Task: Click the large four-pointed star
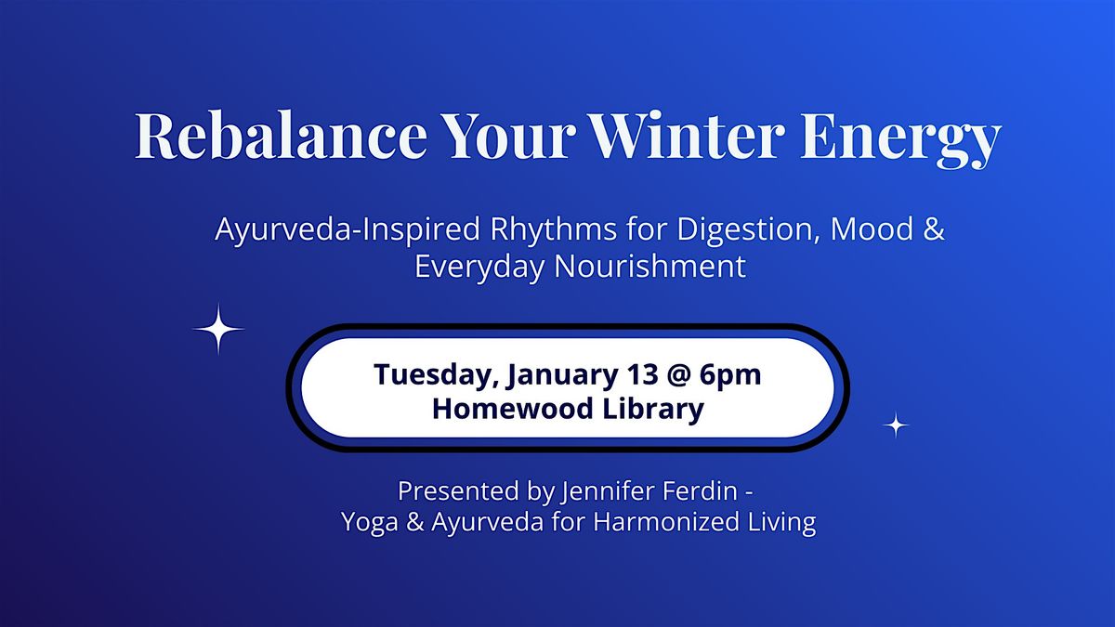tap(218, 329)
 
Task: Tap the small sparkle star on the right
tap(895, 425)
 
